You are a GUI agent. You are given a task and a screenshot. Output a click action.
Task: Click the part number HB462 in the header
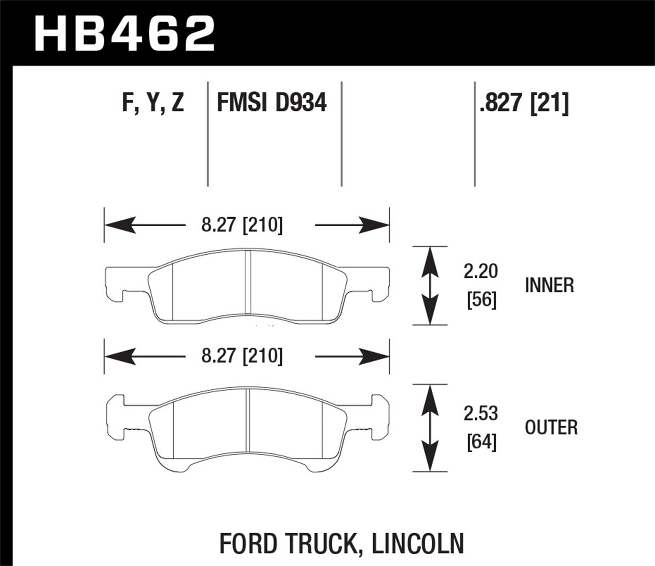coord(124,34)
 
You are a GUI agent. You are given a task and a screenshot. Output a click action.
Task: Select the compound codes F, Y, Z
coord(153,104)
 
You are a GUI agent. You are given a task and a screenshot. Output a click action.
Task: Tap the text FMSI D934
coord(272,104)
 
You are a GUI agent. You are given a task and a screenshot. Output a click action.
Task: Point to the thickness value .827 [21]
coord(524,104)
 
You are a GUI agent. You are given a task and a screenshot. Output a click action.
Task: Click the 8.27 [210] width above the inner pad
coord(242,225)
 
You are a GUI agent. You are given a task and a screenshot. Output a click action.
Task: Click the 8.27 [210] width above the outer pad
coord(242,356)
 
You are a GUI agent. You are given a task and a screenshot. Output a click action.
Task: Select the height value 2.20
coord(481,272)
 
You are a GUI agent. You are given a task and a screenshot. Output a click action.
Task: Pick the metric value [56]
coord(482,300)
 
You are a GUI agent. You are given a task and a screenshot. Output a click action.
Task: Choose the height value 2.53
coord(481,414)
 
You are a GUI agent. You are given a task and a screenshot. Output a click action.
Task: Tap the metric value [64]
coord(482,442)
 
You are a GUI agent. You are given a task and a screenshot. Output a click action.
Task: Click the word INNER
coord(549,286)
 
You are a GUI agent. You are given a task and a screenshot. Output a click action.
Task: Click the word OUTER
coord(551,428)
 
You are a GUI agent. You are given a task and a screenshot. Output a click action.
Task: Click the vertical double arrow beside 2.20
coord(431,286)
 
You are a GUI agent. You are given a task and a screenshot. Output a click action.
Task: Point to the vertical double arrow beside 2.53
coord(431,428)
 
